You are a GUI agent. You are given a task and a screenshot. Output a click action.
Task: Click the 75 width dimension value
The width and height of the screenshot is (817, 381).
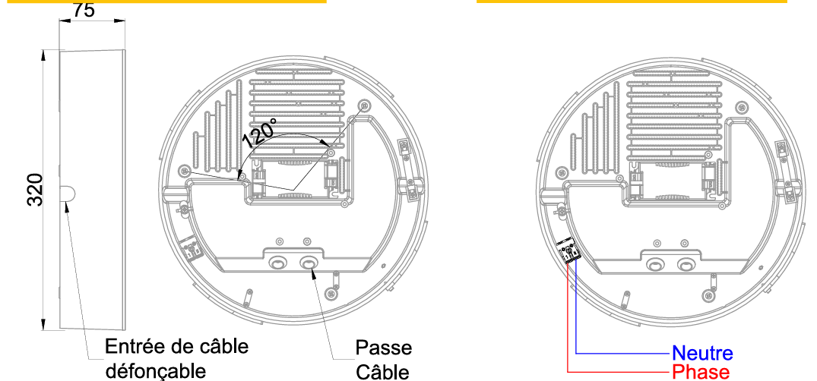pos(84,10)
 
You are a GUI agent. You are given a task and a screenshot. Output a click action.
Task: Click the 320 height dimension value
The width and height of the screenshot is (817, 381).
pos(36,190)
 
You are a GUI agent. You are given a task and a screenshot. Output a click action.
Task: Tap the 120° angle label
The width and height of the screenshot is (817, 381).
pos(259,132)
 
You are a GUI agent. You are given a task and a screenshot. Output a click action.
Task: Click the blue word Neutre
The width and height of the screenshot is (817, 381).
pos(702,354)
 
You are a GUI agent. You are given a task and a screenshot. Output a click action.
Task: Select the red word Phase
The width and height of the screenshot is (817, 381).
pos(700,372)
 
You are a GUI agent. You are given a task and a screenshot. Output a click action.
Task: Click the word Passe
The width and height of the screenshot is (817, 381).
pos(384,347)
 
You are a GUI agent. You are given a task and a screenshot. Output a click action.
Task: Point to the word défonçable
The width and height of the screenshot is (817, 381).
pos(156,372)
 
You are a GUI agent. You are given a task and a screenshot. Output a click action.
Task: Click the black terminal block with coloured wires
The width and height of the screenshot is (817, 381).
pos(569,253)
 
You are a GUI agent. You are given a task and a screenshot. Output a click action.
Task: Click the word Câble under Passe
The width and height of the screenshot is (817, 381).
pos(382,372)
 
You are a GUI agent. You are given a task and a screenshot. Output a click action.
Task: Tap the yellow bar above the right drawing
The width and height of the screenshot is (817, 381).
pos(632,2)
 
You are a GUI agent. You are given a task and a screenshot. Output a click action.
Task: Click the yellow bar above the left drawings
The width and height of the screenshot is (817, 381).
pos(166,2)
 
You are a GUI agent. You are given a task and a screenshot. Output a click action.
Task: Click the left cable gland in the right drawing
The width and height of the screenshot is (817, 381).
pos(655,265)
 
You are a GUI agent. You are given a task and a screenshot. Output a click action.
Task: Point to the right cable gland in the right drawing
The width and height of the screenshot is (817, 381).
pos(686,265)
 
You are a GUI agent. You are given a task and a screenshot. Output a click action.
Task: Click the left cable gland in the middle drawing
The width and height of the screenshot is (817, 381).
pos(277,264)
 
